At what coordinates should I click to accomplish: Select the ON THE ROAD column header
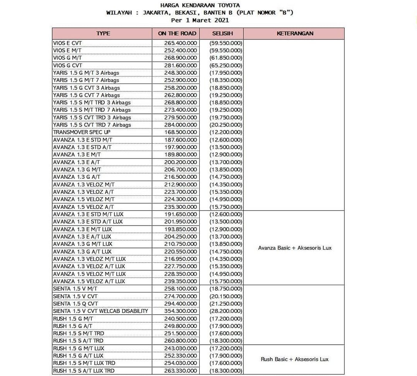tap(177, 34)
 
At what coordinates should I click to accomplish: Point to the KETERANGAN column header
tap(295, 34)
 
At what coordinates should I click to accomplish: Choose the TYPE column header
tap(103, 34)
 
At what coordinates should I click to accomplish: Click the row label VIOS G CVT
tap(68, 65)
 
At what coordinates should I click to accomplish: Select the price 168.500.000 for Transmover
tap(180, 132)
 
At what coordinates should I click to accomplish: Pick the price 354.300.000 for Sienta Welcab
tap(180, 311)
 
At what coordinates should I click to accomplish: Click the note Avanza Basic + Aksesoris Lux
tap(295, 248)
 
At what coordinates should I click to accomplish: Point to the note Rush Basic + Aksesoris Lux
tap(295, 359)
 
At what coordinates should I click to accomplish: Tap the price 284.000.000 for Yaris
tap(180, 125)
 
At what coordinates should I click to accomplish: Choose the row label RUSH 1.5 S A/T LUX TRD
tap(84, 371)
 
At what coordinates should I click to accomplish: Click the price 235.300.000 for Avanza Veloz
tap(180, 207)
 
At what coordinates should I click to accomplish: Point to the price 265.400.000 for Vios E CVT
tap(180, 43)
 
